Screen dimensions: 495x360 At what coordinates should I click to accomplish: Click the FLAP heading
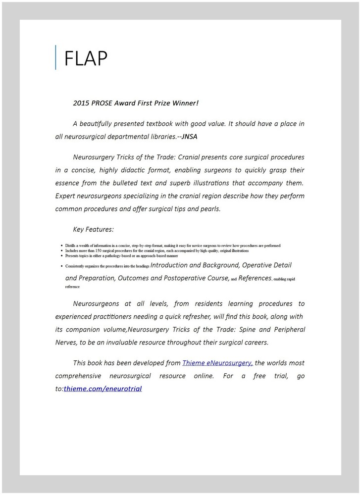pyautogui.click(x=86, y=58)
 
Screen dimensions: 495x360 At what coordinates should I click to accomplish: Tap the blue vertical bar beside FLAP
pyautogui.click(x=56, y=57)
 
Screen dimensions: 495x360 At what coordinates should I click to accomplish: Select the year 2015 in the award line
pyautogui.click(x=81, y=103)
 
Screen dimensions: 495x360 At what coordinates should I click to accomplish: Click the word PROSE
pyautogui.click(x=103, y=103)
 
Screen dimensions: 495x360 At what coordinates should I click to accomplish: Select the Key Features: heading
pyautogui.click(x=93, y=229)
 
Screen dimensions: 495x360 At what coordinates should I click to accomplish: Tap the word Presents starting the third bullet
pyautogui.click(x=73, y=256)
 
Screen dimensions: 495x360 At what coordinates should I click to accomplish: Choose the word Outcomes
pyautogui.click(x=133, y=278)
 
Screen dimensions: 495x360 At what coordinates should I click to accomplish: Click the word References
pyautogui.click(x=255, y=278)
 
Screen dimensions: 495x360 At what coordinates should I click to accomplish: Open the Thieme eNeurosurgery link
pyautogui.click(x=217, y=363)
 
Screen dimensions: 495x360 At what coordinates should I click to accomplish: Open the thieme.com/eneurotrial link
pyautogui.click(x=103, y=389)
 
